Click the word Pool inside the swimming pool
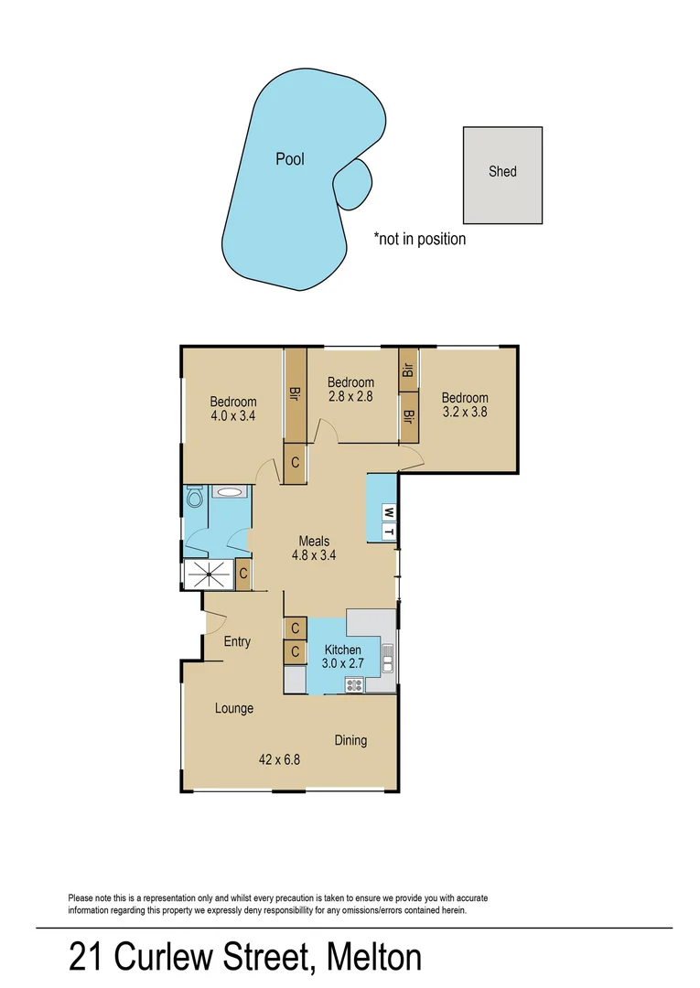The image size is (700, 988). click(x=290, y=159)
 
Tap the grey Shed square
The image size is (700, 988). click(x=502, y=175)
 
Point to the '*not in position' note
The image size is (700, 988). click(x=419, y=239)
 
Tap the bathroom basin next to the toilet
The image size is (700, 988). click(x=229, y=492)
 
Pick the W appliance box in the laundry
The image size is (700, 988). click(x=388, y=511)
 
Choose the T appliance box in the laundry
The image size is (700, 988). click(x=388, y=532)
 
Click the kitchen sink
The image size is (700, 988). click(x=388, y=657)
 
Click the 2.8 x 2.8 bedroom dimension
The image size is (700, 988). click(x=350, y=397)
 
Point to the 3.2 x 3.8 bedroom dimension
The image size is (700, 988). click(x=464, y=413)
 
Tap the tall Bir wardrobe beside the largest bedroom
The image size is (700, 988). click(x=295, y=394)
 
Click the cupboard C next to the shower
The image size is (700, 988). click(x=242, y=575)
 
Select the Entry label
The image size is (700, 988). click(x=237, y=641)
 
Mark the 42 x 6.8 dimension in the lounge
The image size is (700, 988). click(x=280, y=758)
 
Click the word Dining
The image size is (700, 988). click(x=350, y=740)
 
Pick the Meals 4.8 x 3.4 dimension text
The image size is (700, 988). click(x=310, y=554)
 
